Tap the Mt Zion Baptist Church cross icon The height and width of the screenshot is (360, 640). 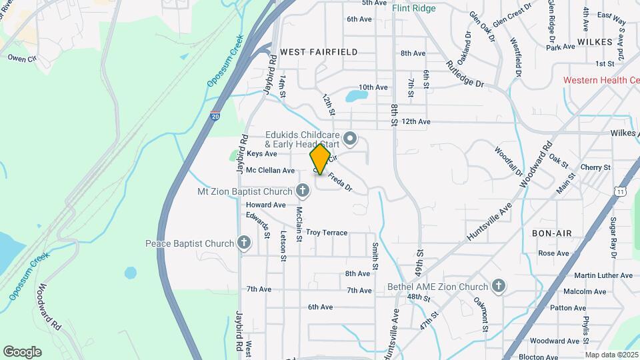click(x=303, y=192)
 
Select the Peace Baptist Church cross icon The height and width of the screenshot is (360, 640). click(x=244, y=243)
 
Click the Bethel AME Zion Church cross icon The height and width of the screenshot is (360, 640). click(x=498, y=287)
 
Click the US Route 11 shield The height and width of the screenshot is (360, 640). click(x=621, y=191)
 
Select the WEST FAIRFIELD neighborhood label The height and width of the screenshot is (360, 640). click(x=319, y=52)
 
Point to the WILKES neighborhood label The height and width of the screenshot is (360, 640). click(x=595, y=41)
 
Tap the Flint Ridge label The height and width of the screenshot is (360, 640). click(x=413, y=9)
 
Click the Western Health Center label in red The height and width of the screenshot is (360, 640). click(x=601, y=80)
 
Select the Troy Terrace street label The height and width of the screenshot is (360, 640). click(x=327, y=233)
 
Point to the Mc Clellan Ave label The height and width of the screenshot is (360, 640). click(x=270, y=171)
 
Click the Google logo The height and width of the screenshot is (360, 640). click(x=22, y=352)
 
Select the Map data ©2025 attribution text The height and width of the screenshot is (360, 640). click(x=611, y=355)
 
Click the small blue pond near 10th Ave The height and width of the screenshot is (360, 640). click(x=356, y=96)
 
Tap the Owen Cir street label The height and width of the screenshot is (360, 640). click(x=21, y=58)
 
